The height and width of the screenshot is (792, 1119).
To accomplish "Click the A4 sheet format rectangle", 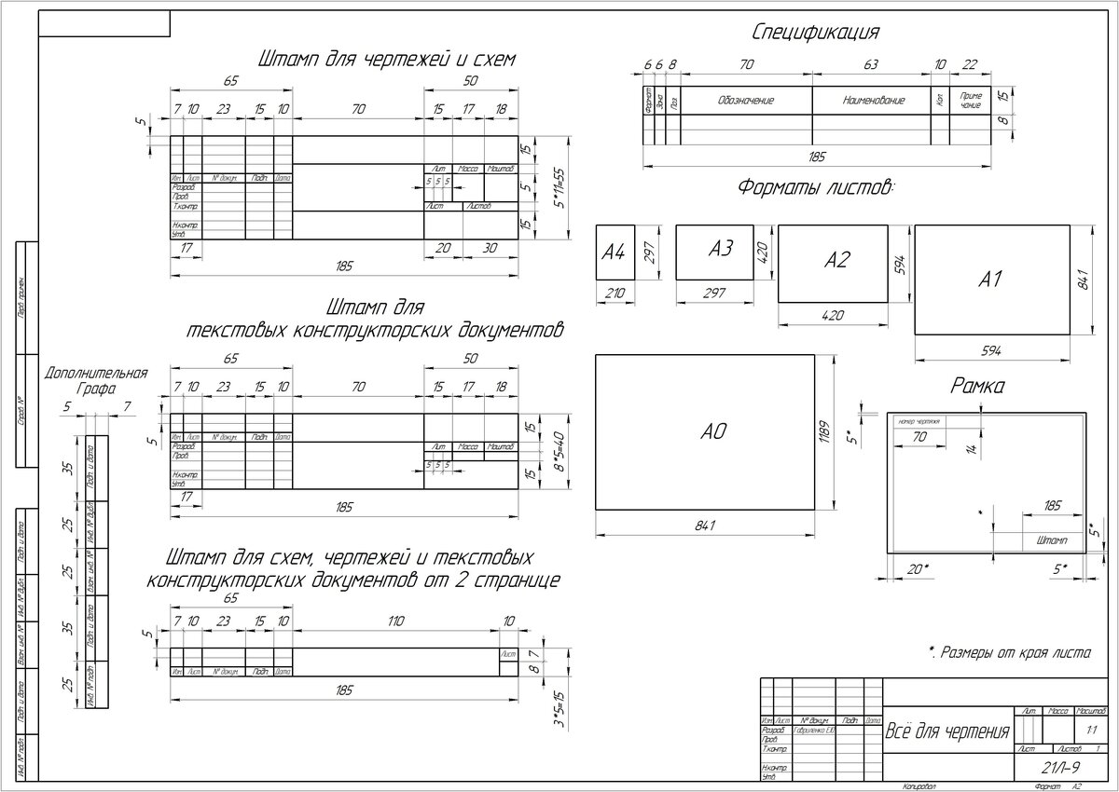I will click(615, 252).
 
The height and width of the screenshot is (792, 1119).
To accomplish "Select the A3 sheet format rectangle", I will click(714, 251).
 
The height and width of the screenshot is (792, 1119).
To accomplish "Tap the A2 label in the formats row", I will click(836, 261).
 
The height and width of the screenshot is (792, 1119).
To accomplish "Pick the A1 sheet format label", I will click(990, 278).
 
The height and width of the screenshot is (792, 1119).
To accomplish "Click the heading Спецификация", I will click(816, 34).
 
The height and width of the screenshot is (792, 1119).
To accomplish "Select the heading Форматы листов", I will click(816, 186).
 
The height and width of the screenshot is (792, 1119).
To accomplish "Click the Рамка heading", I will click(976, 384).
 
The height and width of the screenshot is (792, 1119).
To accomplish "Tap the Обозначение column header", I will click(746, 100).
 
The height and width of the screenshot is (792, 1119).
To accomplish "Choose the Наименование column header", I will click(873, 100).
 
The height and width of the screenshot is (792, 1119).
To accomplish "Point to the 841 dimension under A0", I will click(705, 526).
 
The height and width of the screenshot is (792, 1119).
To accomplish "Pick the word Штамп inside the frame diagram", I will click(1052, 540).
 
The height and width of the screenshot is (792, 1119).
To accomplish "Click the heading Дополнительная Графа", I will click(96, 382).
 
